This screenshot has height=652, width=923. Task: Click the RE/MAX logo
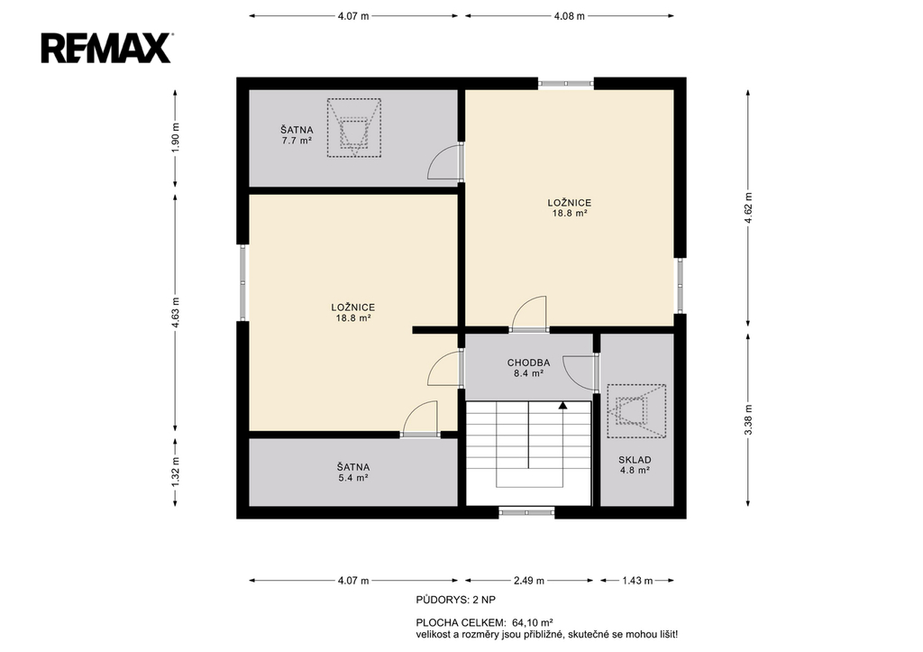coord(106,48)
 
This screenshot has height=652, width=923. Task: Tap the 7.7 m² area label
coord(297,141)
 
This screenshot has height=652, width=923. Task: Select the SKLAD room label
coord(635,460)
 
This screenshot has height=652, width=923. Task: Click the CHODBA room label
coord(528,363)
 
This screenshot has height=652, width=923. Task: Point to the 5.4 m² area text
coord(353,478)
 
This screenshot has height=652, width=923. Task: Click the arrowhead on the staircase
coord(562,405)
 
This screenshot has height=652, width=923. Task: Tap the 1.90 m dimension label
coord(176,138)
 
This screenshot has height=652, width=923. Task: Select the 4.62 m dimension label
coord(748,208)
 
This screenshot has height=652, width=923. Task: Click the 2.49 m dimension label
coord(529,581)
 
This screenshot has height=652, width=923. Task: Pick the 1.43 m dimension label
coord(637,581)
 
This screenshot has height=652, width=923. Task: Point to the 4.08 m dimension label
coord(570,16)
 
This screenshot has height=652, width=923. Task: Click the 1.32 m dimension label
coord(176,472)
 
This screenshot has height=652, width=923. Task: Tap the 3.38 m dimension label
coord(748,420)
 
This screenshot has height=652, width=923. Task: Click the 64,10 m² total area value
coord(532,622)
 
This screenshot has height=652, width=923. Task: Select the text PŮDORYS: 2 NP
coord(455,601)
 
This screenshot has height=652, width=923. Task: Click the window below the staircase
coord(526,512)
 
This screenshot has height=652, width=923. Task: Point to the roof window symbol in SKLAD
coord(636,411)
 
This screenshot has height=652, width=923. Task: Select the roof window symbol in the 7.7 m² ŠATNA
coord(353,128)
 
